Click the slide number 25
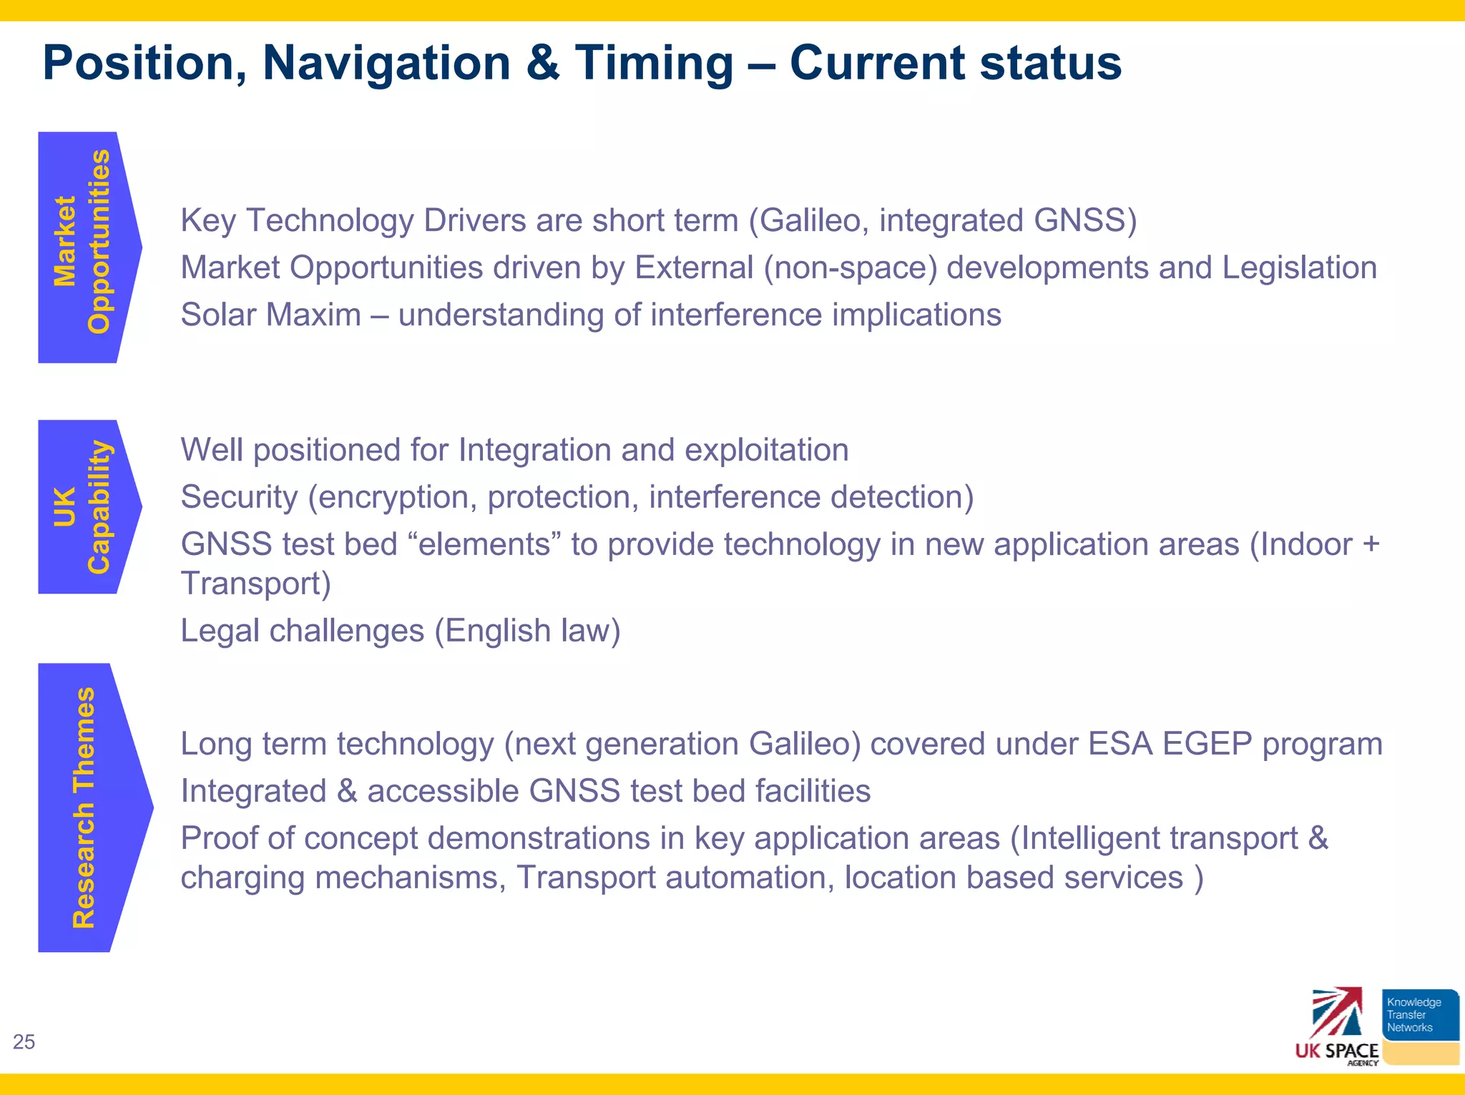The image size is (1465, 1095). click(24, 1042)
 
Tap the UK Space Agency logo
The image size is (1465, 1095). click(1337, 1027)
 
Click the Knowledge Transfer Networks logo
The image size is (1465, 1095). click(1419, 1016)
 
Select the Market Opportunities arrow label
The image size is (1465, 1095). click(83, 243)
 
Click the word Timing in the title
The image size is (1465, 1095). click(654, 63)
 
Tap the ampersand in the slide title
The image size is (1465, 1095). click(542, 63)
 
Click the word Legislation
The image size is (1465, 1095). click(1299, 267)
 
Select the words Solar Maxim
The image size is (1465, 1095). click(270, 315)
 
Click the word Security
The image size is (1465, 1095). click(239, 497)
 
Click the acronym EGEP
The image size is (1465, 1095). click(1207, 744)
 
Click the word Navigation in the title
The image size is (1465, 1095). click(386, 63)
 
